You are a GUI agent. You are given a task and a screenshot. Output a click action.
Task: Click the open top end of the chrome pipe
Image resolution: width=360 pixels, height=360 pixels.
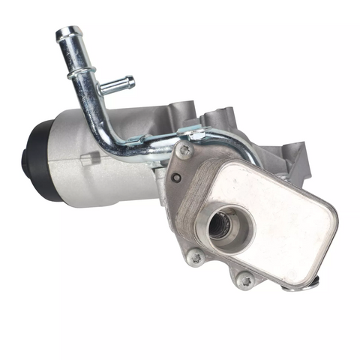(67, 34)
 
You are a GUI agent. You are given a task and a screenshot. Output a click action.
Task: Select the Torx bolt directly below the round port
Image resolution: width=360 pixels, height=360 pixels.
(196, 257)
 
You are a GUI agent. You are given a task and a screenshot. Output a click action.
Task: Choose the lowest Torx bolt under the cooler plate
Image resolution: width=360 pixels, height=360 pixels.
(244, 281)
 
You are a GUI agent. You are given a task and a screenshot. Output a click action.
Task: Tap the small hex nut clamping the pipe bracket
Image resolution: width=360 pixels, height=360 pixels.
(196, 136)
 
